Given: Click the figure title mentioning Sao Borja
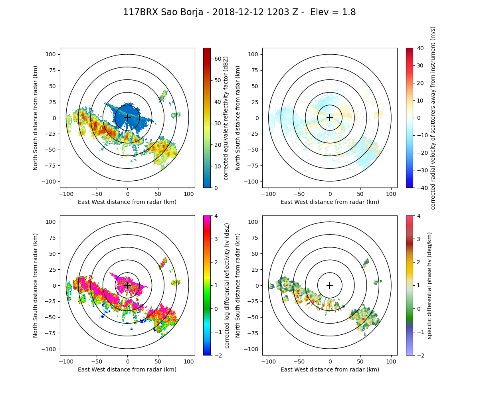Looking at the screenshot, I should click(239, 12).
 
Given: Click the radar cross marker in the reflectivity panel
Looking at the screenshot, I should click(127, 118).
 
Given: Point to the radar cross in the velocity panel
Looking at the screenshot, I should click(330, 118).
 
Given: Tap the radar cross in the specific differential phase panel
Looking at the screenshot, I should click(330, 285).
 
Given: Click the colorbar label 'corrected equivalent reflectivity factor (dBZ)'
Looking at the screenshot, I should click(226, 118).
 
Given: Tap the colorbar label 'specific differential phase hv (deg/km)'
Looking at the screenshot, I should click(430, 285).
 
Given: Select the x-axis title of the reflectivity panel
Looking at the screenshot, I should click(127, 202).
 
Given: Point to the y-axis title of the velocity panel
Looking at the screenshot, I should click(238, 118).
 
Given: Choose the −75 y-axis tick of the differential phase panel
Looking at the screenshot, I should click(256, 333).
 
